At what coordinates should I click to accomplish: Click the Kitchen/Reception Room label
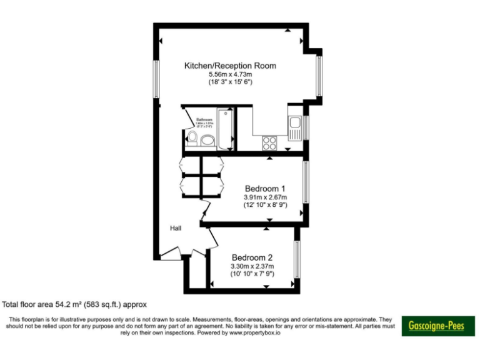pyautogui.click(x=230, y=66)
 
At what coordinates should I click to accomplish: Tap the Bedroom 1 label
pyautogui.click(x=265, y=188)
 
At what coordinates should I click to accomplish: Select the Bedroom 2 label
pyautogui.click(x=252, y=257)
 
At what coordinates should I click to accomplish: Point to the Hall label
pyautogui.click(x=176, y=229)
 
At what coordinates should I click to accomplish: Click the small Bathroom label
pyautogui.click(x=204, y=119)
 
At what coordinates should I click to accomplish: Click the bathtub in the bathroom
pyautogui.click(x=225, y=129)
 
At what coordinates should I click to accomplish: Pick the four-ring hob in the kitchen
pyautogui.click(x=270, y=142)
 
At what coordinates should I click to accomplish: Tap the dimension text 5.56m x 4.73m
pyautogui.click(x=230, y=74)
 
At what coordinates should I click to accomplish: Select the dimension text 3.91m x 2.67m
pyautogui.click(x=265, y=197)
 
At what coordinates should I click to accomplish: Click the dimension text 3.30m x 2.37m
pyautogui.click(x=252, y=266)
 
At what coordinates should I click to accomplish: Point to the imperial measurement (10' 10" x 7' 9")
pyautogui.click(x=252, y=274)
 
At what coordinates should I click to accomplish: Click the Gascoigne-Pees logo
pyautogui.click(x=437, y=326)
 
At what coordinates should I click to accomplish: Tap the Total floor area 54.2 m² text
pyautogui.click(x=74, y=305)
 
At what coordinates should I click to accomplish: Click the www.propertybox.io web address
pyautogui.click(x=254, y=333)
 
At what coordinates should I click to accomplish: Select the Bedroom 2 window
pyautogui.click(x=297, y=259)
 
